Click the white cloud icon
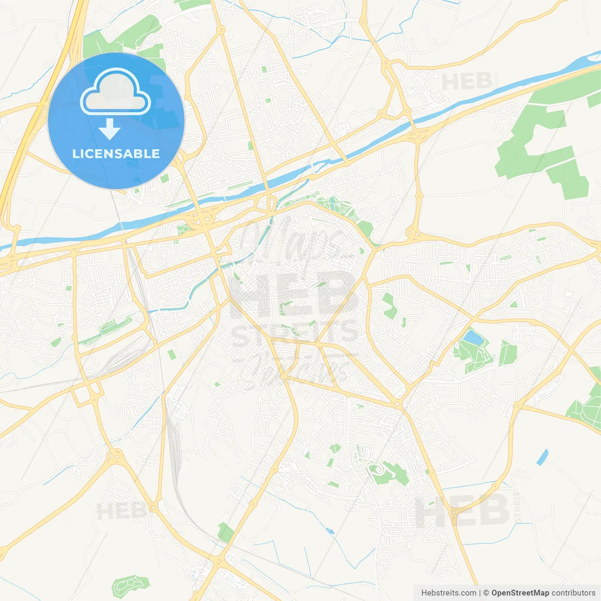tap(116, 92)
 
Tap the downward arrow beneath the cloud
tap(109, 129)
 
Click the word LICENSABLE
tap(116, 154)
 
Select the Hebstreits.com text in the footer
tap(448, 593)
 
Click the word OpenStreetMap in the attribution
tap(520, 593)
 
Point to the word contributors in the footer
tap(573, 593)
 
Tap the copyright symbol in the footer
tap(486, 593)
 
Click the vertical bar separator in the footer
tap(480, 593)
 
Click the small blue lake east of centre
tap(472, 337)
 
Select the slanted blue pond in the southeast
tap(542, 457)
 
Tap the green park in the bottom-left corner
tap(128, 585)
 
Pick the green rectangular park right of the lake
tap(507, 353)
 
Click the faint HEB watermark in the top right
tap(467, 82)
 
